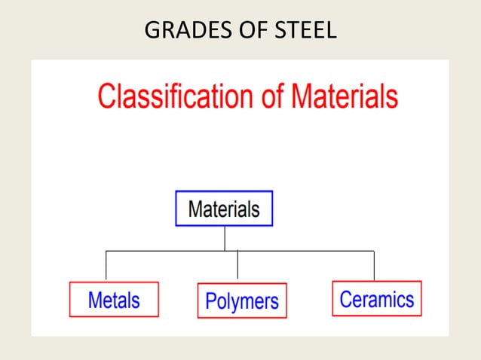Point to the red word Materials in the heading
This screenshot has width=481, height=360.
pyautogui.click(x=345, y=98)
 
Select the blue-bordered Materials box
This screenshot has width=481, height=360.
pyautogui.click(x=224, y=209)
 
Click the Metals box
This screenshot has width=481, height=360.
pyautogui.click(x=114, y=299)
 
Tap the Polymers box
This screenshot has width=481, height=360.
pyautogui.click(x=241, y=301)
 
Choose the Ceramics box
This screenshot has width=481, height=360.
pyautogui.click(x=376, y=298)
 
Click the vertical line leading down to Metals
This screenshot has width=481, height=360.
pyautogui.click(x=106, y=266)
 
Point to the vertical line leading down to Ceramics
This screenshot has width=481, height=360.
pyautogui.click(x=374, y=265)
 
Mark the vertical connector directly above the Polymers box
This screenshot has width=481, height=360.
pyautogui.click(x=237, y=268)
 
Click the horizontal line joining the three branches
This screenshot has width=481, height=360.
pyautogui.click(x=302, y=250)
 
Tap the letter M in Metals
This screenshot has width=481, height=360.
pyautogui.click(x=95, y=300)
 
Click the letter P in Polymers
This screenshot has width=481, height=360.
pyautogui.click(x=212, y=301)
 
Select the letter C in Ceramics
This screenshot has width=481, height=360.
pyautogui.click(x=347, y=299)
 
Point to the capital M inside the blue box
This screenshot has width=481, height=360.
pyautogui.click(x=195, y=209)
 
